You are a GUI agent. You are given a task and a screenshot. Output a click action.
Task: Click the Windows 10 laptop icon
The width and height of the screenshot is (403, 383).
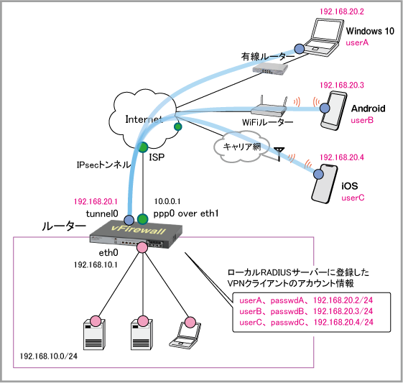coord(325,37)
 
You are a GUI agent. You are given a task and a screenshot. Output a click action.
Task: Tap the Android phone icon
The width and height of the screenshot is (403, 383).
coord(334,111)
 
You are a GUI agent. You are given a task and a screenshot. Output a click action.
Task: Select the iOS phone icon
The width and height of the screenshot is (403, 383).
coord(325,184)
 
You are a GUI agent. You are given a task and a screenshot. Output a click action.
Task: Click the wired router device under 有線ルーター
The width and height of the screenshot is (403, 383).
coord(270,68)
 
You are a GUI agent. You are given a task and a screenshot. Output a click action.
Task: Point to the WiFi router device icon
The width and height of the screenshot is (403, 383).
coord(269,107)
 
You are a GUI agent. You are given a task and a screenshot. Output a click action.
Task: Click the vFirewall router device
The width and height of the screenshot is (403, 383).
coord(136,234)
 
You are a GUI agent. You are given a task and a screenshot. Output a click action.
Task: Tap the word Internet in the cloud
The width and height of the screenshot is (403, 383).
coord(144,119)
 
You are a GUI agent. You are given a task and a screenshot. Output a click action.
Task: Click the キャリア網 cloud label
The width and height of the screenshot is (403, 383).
coord(242,147)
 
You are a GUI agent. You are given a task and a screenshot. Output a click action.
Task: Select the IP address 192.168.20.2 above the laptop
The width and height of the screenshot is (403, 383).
coord(341,11)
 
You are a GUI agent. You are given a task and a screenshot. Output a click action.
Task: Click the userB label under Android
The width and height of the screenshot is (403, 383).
coord(362,120)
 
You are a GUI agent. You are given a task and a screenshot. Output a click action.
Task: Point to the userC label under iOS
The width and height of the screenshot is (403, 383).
coord(353,198)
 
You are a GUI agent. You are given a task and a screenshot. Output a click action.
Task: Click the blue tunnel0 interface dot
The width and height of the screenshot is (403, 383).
coord(129,220)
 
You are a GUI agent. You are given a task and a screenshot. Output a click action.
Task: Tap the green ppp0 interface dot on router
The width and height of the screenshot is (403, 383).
coord(142,219)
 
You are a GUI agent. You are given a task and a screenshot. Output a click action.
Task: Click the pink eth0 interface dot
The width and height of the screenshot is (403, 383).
coord(142,247)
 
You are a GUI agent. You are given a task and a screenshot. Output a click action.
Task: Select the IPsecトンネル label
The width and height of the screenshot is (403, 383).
coord(104,165)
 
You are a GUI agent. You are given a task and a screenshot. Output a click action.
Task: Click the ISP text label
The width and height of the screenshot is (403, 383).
coord(157,157)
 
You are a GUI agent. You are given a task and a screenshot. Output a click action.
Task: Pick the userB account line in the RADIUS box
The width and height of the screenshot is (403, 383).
coord(306,311)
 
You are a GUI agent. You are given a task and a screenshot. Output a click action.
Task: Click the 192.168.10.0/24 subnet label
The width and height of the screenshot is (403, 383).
coord(48,356)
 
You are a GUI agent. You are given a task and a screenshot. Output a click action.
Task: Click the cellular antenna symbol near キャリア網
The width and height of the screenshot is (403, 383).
coord(279,154)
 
